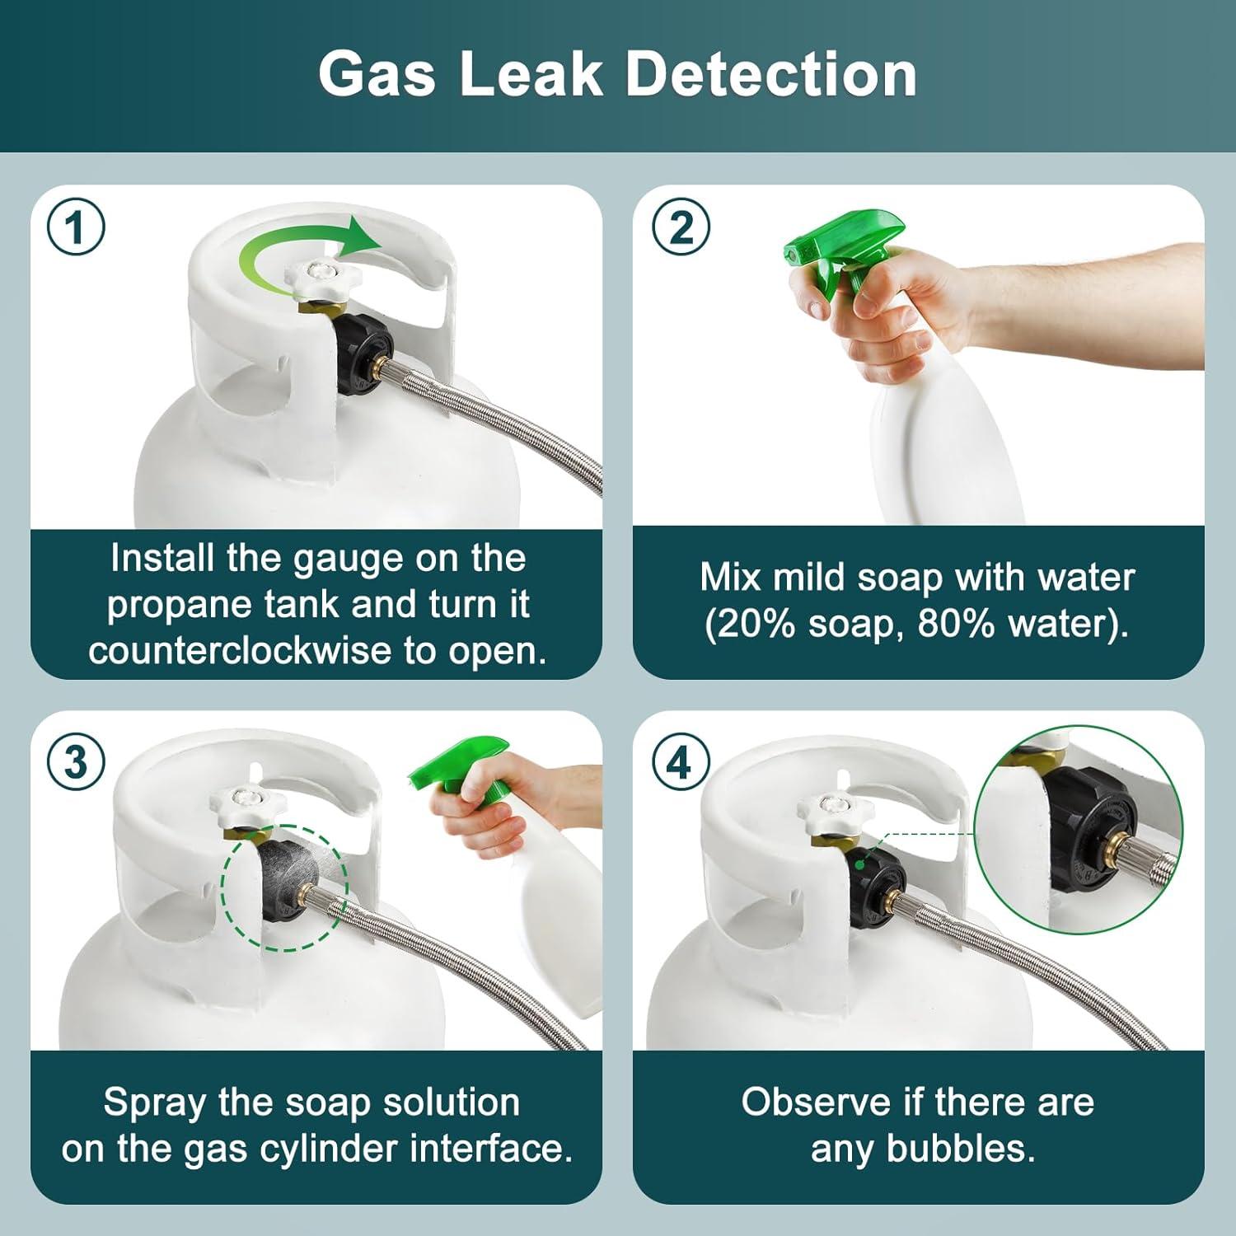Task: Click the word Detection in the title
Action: point(771,74)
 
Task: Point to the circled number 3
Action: point(76,762)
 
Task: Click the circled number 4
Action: point(681,762)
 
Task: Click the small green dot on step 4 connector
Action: point(859,864)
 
